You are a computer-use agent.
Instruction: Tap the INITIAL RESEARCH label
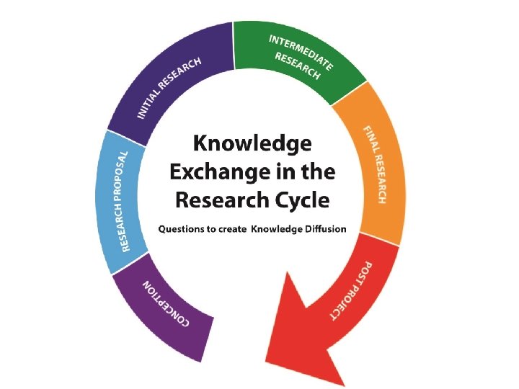pos(169,89)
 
